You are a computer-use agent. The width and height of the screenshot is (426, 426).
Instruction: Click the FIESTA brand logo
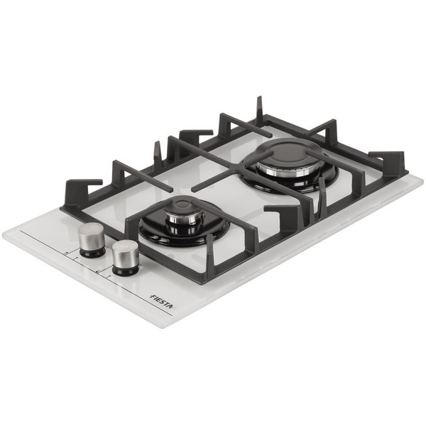[161, 302]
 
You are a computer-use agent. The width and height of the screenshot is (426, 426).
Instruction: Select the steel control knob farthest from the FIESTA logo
[92, 236]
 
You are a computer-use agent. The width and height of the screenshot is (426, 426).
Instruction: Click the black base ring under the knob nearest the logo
[126, 271]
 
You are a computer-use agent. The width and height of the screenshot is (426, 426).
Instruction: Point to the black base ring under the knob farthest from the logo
[92, 253]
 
